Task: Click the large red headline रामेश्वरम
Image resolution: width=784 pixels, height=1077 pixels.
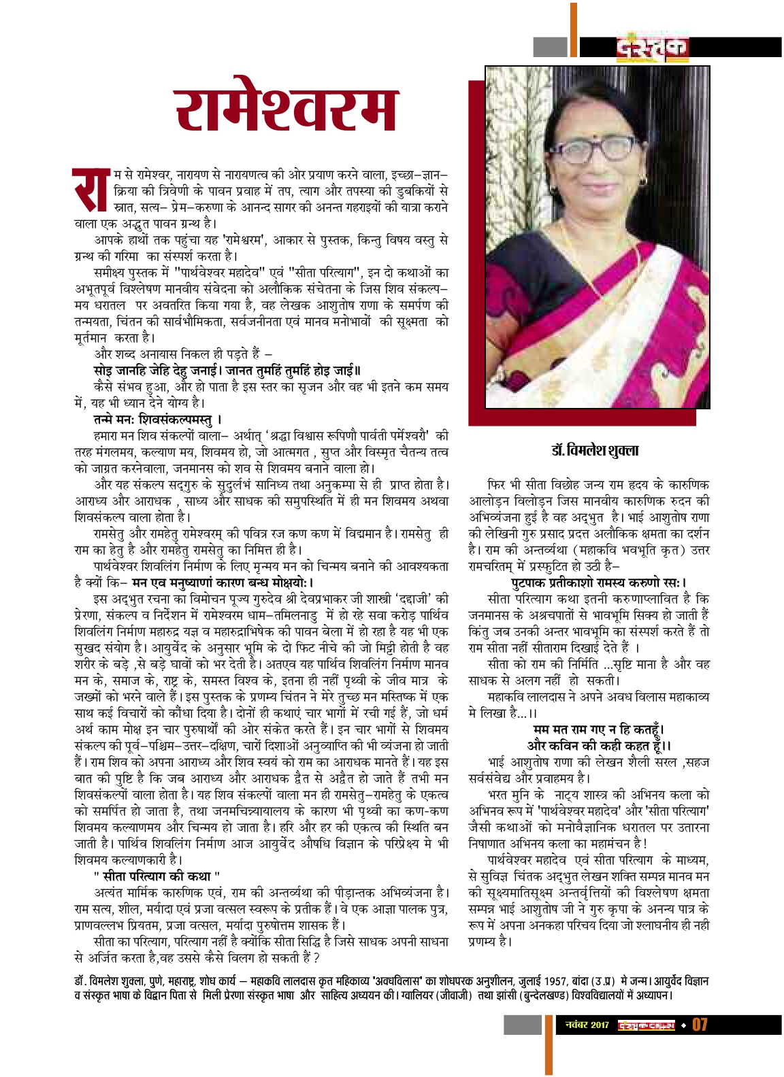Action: click(286, 110)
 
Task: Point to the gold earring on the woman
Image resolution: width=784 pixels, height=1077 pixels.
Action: click(642, 180)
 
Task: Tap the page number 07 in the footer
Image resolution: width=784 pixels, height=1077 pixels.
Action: click(700, 1024)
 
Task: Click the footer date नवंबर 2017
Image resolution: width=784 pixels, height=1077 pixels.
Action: click(587, 1024)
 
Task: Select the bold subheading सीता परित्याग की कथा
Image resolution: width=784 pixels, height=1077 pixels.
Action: click(157, 876)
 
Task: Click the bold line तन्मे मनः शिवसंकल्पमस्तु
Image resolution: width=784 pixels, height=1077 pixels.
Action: click(158, 419)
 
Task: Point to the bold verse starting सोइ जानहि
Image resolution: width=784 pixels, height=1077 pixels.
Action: click(227, 370)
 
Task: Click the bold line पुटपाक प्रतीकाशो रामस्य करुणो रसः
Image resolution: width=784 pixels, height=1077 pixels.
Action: click(589, 582)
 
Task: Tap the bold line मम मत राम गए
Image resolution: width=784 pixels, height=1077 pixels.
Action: click(589, 730)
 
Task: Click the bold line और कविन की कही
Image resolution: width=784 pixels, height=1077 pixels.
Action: click(589, 745)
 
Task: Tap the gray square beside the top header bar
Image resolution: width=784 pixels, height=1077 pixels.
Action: click(550, 47)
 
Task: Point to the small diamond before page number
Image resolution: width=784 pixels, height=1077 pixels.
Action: click(683, 1024)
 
